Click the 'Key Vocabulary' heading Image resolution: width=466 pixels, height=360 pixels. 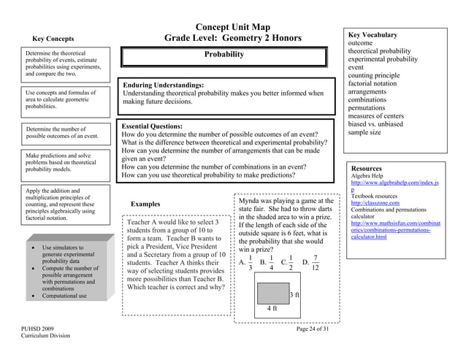click(373, 34)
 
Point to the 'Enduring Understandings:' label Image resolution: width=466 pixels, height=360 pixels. click(163, 85)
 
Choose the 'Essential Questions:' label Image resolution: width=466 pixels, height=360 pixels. click(152, 126)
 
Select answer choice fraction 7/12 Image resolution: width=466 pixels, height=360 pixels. click(314, 263)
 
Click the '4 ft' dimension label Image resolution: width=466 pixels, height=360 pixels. click(272, 308)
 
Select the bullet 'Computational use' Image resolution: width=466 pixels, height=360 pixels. click(64, 296)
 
